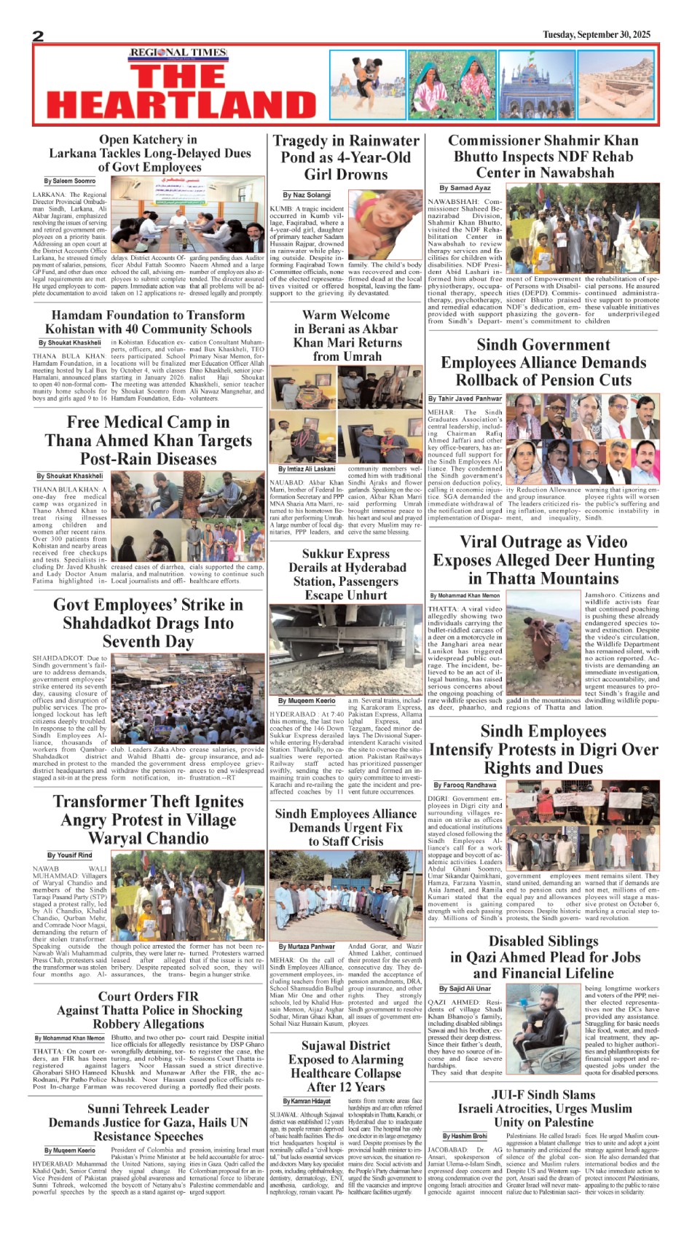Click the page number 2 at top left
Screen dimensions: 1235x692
[39, 36]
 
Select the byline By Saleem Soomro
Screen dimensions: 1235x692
[70, 181]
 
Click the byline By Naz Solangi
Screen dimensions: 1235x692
[307, 195]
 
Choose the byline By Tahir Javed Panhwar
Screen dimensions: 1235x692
[465, 399]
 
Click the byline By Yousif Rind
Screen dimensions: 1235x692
[70, 855]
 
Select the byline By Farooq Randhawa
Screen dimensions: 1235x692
[465, 785]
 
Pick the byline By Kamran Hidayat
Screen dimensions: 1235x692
[307, 1101]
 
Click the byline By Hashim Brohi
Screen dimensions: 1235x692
[465, 1136]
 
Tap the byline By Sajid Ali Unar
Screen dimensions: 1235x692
[465, 989]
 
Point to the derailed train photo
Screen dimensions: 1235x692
[345, 648]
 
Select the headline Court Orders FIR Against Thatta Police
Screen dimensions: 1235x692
[149, 1010]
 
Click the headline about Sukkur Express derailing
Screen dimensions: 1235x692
[345, 574]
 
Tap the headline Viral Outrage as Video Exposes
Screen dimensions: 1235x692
[543, 560]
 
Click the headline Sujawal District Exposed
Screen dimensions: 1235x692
[345, 1066]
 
